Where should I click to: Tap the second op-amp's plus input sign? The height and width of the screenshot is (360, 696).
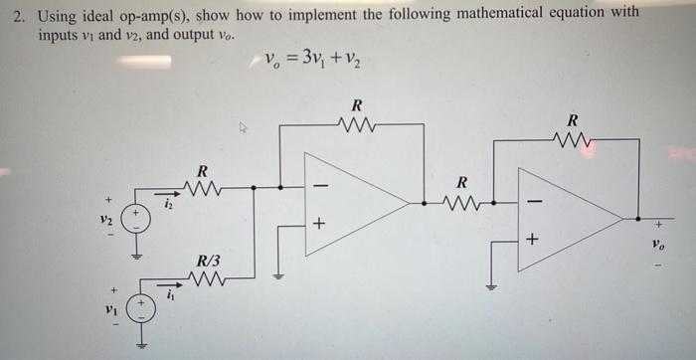click(532, 239)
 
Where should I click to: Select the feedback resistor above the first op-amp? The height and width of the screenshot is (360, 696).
click(355, 126)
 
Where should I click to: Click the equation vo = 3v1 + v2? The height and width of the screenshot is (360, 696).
click(312, 61)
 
